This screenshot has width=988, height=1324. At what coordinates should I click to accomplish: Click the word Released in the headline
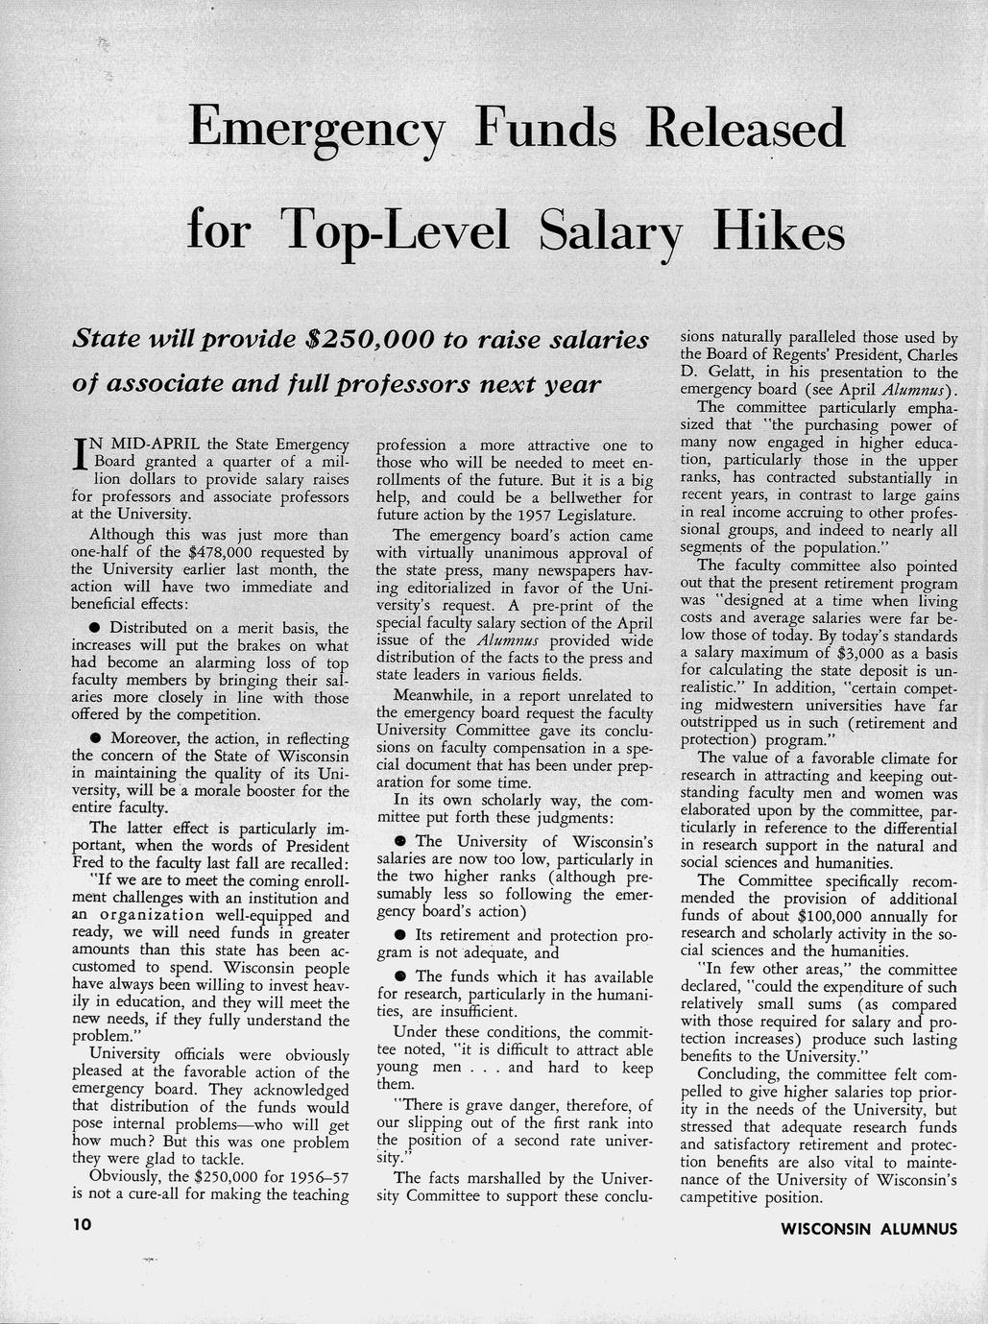pos(746,128)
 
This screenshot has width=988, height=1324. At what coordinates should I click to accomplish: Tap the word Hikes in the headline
pos(779,230)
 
